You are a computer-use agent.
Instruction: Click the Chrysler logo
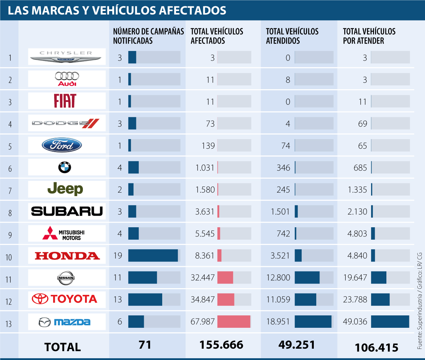pyautogui.click(x=67, y=57)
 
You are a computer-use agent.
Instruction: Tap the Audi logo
pyautogui.click(x=67, y=79)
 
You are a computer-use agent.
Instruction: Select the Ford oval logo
pyautogui.click(x=62, y=145)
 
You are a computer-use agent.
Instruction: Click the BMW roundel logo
pyautogui.click(x=65, y=167)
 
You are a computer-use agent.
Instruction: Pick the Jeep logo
pyautogui.click(x=65, y=189)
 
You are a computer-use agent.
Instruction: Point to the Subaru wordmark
pyautogui.click(x=67, y=211)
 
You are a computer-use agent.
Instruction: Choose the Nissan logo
pyautogui.click(x=66, y=278)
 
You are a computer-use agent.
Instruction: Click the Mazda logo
pyautogui.click(x=64, y=322)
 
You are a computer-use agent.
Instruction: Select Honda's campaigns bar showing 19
pyautogui.click(x=153, y=256)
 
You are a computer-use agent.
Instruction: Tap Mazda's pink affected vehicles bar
pyautogui.click(x=234, y=321)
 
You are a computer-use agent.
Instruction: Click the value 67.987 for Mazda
pyautogui.click(x=203, y=322)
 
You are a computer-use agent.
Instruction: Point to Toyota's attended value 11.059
pyautogui.click(x=278, y=299)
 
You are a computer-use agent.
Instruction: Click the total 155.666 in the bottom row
pyautogui.click(x=221, y=345)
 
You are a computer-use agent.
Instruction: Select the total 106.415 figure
pyautogui.click(x=376, y=347)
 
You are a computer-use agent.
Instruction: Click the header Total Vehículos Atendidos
pyautogui.click(x=292, y=36)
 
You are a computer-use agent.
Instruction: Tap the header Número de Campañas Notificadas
pyautogui.click(x=148, y=36)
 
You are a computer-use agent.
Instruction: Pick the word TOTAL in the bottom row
pyautogui.click(x=63, y=347)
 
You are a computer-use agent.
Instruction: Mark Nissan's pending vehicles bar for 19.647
pyautogui.click(x=379, y=278)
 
